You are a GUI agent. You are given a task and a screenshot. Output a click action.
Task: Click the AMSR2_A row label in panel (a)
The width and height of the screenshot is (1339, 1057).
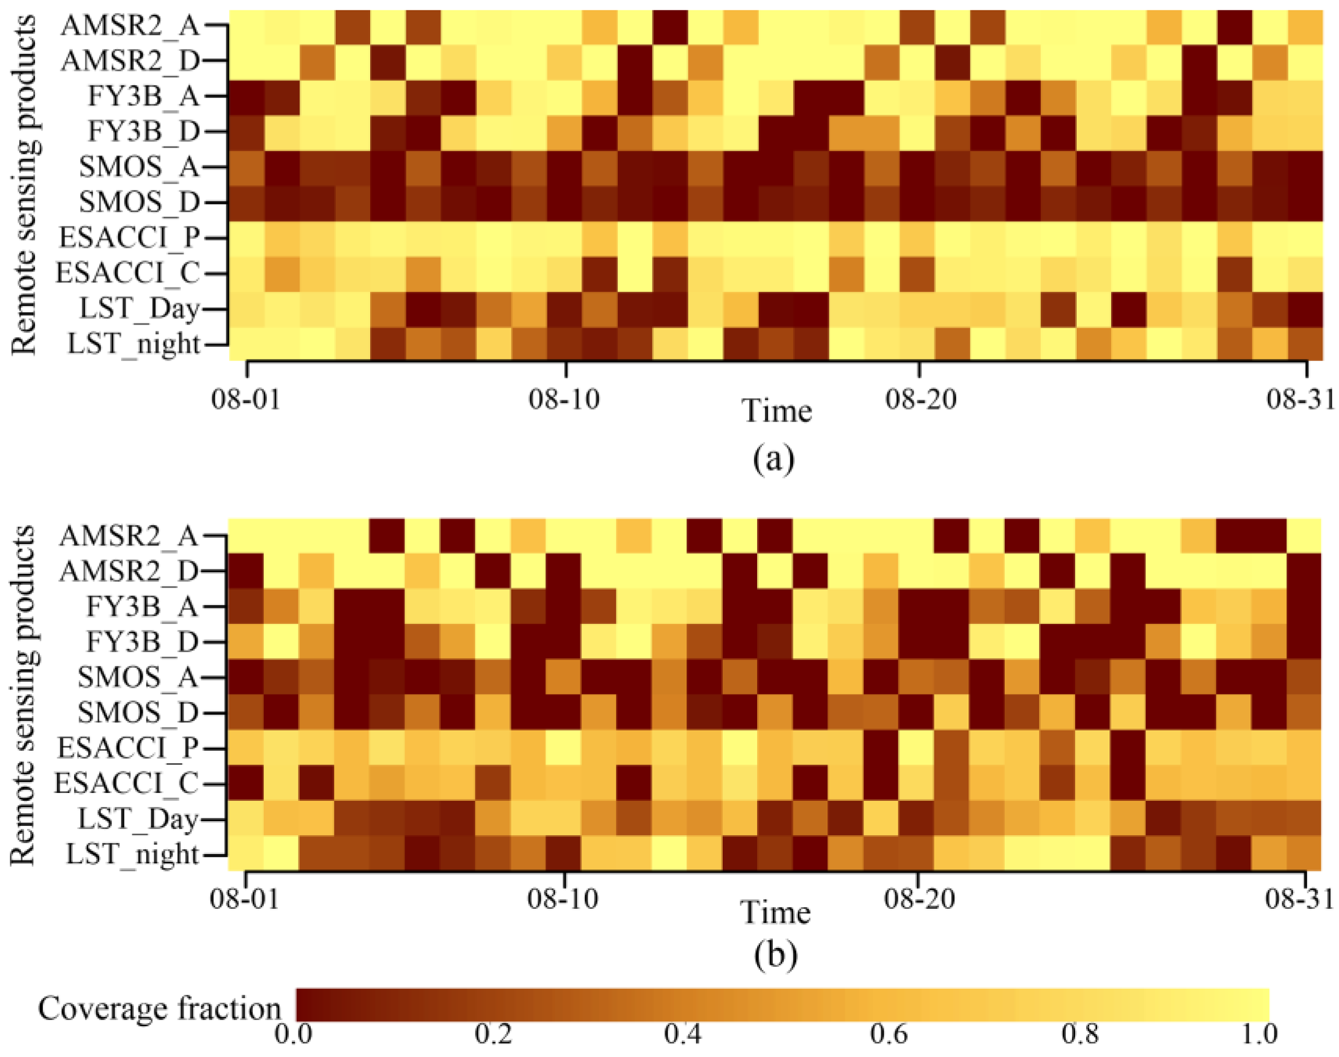(x=130, y=26)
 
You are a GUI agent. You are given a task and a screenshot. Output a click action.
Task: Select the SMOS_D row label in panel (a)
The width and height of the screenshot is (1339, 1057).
(x=140, y=202)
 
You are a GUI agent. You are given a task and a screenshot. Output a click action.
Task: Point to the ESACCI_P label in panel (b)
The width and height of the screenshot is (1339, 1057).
(x=128, y=748)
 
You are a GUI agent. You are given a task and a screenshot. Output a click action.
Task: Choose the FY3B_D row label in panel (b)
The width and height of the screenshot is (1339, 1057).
(x=142, y=642)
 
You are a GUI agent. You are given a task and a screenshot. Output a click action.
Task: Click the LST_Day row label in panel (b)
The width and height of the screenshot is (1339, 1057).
(x=139, y=819)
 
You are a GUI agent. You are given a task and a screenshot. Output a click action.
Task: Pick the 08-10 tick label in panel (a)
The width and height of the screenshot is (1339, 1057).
(x=564, y=400)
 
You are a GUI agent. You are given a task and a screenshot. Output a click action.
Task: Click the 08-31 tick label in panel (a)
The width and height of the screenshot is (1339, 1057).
(x=1299, y=400)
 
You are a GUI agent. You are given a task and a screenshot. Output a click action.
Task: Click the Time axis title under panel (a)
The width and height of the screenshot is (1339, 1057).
(x=776, y=411)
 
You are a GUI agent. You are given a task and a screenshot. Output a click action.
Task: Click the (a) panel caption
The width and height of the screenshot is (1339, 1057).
(x=774, y=459)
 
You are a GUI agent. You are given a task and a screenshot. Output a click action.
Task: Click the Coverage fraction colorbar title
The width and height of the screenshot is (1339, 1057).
(x=160, y=1008)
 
